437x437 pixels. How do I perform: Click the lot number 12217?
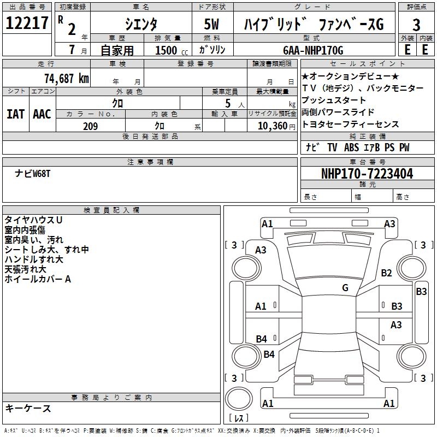coord(27,23)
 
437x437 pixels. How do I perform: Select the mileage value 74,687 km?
coord(66,78)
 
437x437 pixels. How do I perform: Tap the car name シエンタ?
coord(141,24)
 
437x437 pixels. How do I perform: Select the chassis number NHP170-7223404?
coord(367,174)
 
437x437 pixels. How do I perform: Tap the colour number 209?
coord(90,126)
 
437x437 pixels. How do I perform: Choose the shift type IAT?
coord(15,114)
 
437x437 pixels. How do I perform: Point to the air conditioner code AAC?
coord(42,114)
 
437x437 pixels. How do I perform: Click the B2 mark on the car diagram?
coord(387,273)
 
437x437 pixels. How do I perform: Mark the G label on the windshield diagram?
coord(345,287)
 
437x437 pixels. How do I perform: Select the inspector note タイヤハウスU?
coord(33,220)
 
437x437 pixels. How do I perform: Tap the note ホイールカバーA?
coord(38,279)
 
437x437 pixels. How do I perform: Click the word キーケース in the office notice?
coord(28,409)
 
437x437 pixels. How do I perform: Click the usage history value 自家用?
coord(117,51)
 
